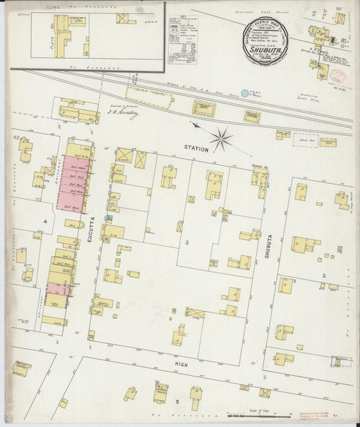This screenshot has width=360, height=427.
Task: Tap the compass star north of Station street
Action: [220, 139]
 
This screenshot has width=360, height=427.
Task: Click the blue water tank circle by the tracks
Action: [245, 93]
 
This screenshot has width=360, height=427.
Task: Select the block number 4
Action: [45, 221]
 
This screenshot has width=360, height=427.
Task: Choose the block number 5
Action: [178, 402]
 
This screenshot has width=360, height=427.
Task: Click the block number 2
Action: [324, 276]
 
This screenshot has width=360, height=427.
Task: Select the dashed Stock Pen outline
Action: [305, 140]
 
